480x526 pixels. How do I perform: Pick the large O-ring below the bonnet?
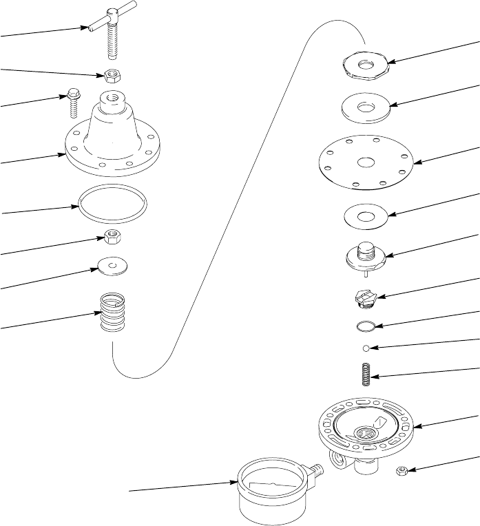[112, 204]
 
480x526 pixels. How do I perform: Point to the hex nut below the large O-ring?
[111, 238]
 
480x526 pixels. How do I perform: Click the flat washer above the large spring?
[112, 265]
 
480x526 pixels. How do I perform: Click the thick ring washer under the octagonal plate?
[367, 107]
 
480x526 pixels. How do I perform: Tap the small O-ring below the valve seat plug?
[367, 324]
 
